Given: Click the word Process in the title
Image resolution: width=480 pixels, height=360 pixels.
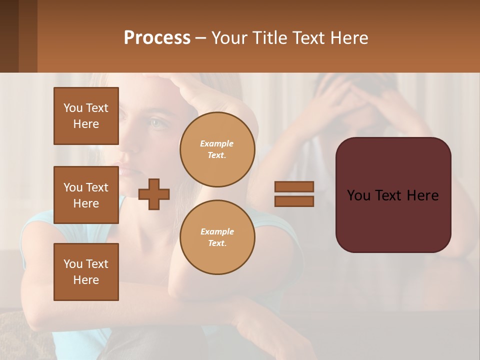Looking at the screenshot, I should point(157,38).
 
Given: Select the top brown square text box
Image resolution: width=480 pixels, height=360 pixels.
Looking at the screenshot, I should point(86,116).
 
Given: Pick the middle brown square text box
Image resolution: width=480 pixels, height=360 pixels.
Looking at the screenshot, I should point(86,195).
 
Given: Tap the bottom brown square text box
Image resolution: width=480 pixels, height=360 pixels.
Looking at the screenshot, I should point(86,272).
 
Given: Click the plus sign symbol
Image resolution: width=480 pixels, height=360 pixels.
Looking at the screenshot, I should point(154,194).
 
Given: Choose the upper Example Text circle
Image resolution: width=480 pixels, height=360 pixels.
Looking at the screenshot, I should point(217,149).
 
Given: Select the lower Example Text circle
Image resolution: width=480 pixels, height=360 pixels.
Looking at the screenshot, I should point(217,237).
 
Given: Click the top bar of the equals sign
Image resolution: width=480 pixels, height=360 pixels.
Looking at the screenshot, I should point(294,186).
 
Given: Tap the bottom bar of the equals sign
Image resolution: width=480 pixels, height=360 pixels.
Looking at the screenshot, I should point(294,201).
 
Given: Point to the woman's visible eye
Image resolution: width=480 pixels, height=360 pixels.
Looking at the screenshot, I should point(159,122).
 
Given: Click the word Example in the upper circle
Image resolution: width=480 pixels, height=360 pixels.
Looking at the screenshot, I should point(217,143).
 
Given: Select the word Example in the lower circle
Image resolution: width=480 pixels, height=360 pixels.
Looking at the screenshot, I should point(217,231).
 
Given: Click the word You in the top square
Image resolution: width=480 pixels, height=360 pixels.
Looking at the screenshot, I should point(73,108).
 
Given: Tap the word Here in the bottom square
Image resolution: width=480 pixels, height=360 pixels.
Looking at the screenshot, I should point(86,280).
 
